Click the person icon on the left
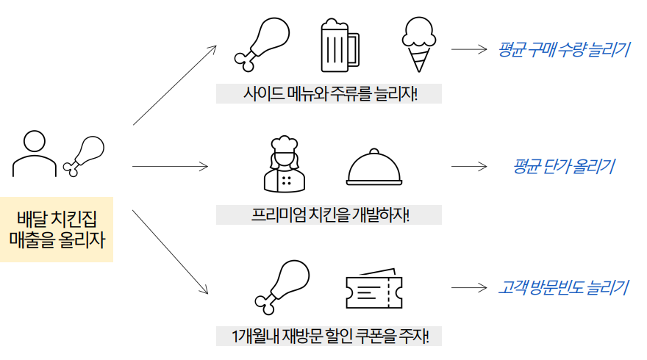[x=34, y=154]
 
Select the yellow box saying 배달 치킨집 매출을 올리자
[x=57, y=228]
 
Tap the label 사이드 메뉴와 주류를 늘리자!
[x=329, y=94]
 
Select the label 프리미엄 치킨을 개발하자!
[x=329, y=215]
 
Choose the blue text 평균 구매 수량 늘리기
[x=563, y=50]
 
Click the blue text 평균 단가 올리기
[x=563, y=167]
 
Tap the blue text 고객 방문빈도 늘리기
[x=563, y=287]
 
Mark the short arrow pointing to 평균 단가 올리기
[x=470, y=167]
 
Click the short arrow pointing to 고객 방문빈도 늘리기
[x=470, y=287]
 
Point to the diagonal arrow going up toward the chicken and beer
[x=174, y=84]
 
